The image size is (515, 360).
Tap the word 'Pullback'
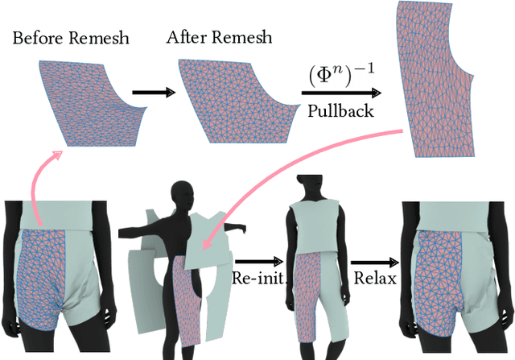[340, 111]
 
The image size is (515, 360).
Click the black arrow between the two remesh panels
[153, 93]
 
